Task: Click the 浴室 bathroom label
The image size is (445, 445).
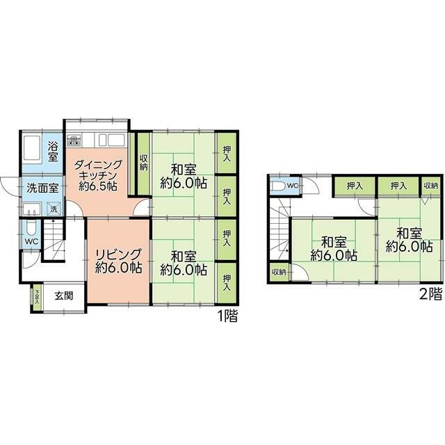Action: pos(53,152)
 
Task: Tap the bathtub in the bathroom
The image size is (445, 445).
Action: pos(32,148)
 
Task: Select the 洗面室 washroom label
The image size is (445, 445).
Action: pos(43,188)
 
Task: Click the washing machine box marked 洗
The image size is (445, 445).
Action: pos(54,209)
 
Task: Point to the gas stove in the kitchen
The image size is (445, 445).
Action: pos(74,140)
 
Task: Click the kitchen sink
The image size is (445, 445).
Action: pos(112,140)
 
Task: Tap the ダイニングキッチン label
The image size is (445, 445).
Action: pos(98,175)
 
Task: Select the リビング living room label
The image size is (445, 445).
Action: pos(118,261)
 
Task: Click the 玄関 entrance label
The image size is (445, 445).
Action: pos(64,296)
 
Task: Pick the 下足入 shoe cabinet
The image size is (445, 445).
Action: pos(37,298)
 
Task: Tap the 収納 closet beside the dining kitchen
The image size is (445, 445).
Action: pos(144,163)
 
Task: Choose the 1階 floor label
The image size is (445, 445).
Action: pos(227,316)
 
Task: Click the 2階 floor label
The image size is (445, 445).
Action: pos(430,294)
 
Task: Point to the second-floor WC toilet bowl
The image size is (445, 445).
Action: pos(278,186)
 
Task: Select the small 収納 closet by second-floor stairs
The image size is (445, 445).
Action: pos(279,272)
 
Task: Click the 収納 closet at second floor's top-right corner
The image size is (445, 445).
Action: pos(431,186)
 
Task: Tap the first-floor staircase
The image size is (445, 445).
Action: pos(54,239)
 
